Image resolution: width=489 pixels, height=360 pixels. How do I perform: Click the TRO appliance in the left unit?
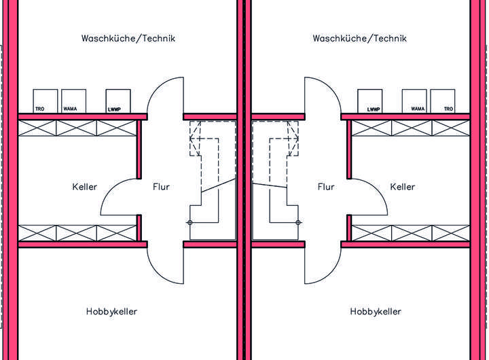45,101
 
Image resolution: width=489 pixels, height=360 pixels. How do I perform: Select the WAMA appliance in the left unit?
73,101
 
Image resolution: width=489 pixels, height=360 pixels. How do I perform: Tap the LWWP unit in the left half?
117,101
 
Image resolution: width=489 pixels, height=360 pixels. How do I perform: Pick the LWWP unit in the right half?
371,101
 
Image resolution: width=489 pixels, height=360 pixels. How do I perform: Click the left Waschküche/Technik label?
128,38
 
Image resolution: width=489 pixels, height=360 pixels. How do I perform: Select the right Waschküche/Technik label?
359,38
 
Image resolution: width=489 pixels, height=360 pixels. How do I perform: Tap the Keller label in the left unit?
84,187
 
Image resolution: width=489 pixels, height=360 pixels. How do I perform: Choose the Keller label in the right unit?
403,187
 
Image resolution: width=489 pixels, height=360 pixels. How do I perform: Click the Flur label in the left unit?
161,187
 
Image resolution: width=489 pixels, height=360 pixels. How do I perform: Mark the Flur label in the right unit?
326,187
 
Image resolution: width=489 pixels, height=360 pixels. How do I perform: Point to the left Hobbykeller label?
112,312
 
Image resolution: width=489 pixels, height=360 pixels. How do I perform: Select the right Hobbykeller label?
376,312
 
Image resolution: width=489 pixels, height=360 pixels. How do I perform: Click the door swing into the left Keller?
120,197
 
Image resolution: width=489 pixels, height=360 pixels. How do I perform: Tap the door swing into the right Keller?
367,197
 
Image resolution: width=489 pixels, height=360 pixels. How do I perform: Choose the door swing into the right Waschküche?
322,96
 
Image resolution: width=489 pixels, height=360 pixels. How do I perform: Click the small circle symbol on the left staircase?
189,223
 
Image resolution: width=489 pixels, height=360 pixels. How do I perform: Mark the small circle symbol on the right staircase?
298,223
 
